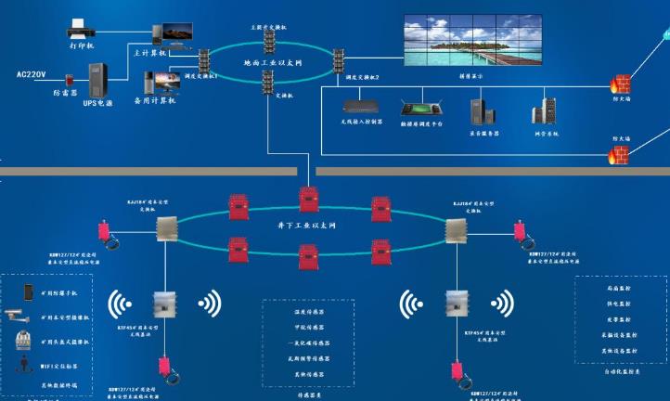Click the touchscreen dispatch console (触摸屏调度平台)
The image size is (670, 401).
pos(419,108)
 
